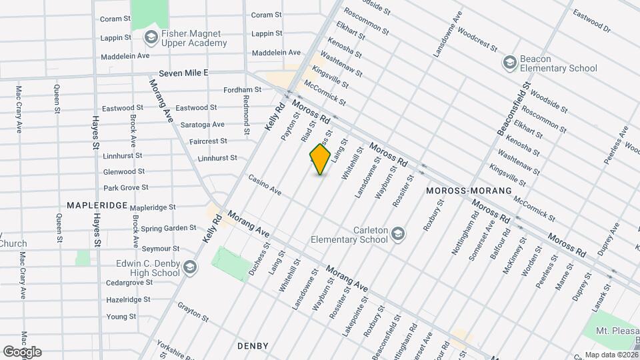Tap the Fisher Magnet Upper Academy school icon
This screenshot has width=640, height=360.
click(151, 37)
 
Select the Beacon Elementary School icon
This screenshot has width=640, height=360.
click(510, 62)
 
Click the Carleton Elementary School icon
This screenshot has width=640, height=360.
click(398, 233)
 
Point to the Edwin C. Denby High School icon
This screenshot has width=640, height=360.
click(189, 267)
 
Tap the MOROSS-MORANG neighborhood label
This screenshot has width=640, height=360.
click(468, 191)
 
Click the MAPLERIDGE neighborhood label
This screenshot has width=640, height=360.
click(97, 205)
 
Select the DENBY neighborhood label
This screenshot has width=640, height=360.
click(253, 346)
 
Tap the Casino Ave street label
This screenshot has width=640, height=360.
click(265, 185)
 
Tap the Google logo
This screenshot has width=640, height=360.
click(22, 352)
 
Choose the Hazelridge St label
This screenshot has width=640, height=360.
click(129, 301)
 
